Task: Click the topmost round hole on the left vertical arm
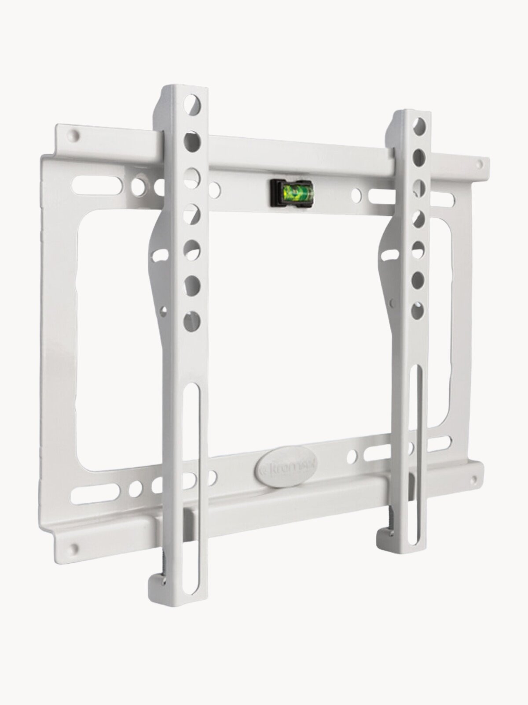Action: [192, 104]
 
